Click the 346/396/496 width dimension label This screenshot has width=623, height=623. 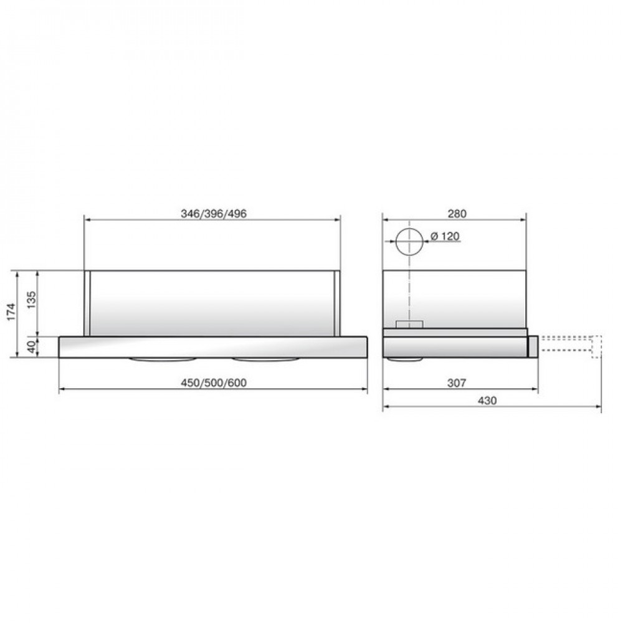[214, 213]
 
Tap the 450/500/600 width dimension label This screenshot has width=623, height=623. [214, 383]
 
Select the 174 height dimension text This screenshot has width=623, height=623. [11, 312]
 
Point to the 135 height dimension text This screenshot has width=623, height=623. [31, 300]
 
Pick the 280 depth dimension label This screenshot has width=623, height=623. [457, 213]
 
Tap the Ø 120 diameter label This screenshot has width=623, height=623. [445, 236]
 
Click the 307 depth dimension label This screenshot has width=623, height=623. [457, 383]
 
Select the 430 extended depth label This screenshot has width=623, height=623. [487, 401]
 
